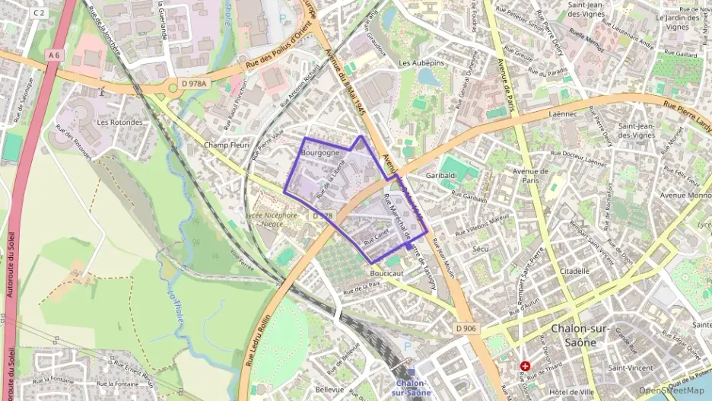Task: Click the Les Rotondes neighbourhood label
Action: coord(119,122)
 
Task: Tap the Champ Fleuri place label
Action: coord(227,145)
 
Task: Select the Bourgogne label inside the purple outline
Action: coord(319,153)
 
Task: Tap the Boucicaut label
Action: coord(386,272)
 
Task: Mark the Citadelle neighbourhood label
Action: coord(574,270)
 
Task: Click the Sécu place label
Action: coord(480,249)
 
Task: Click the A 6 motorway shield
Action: coord(53,55)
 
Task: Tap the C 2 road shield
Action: coord(40,13)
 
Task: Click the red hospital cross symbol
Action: coord(525,367)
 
